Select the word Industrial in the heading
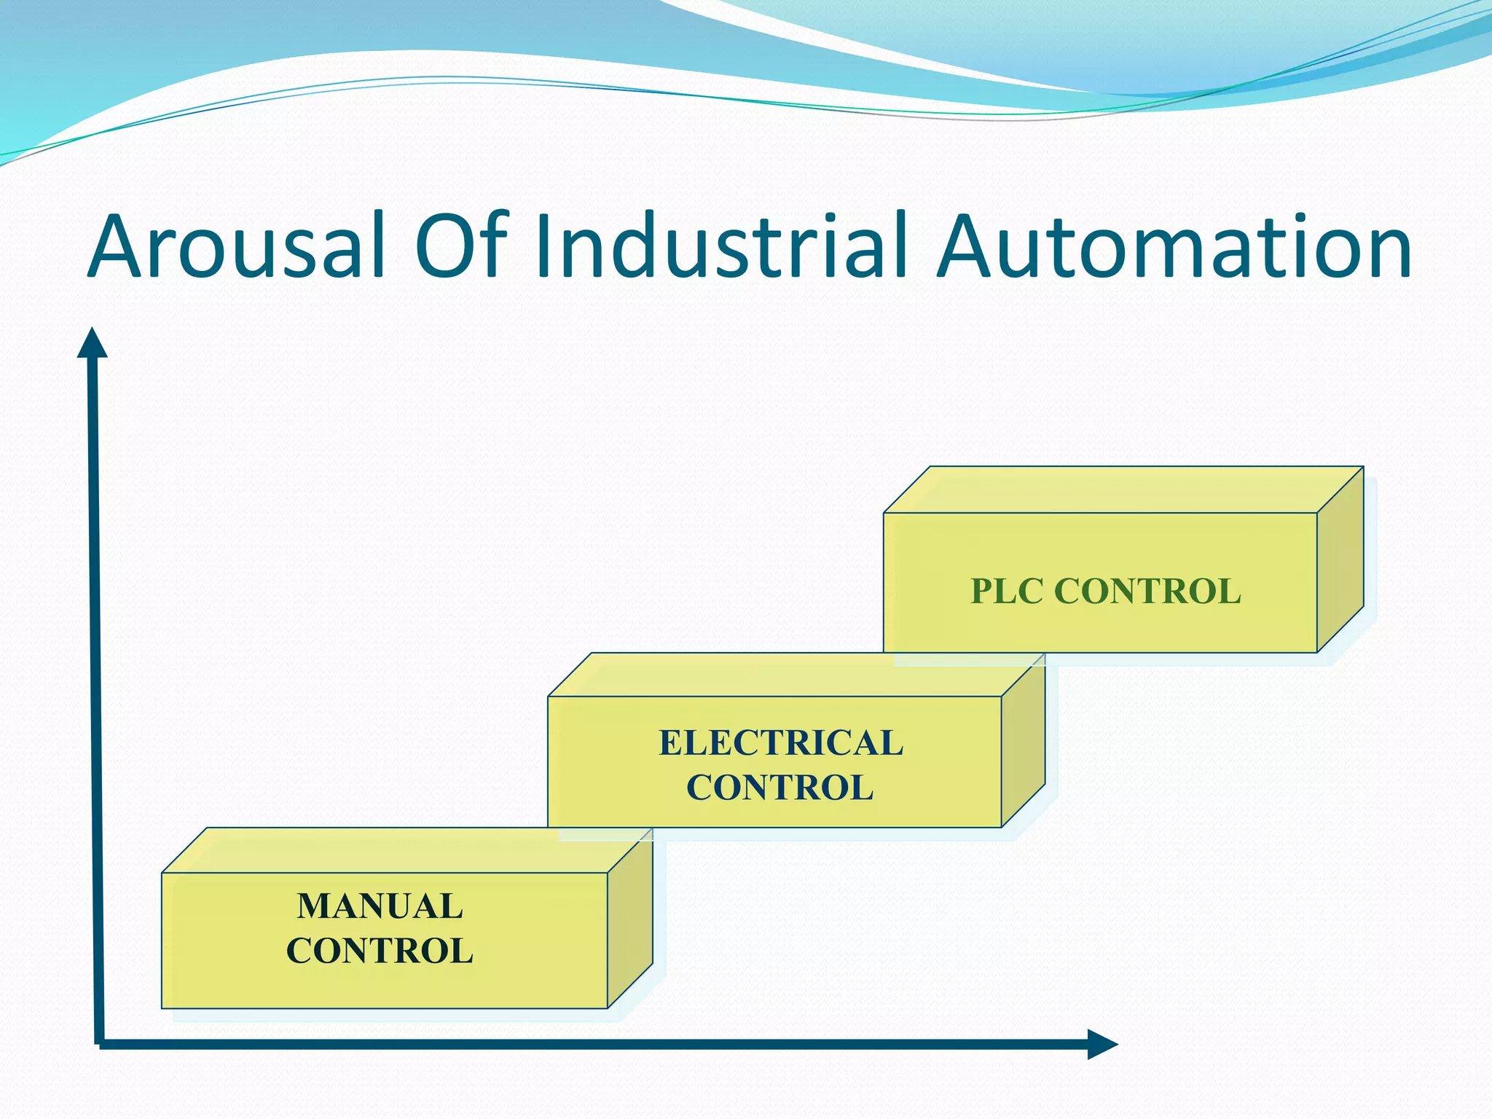click(x=721, y=246)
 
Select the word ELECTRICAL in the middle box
click(x=780, y=743)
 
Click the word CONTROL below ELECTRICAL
click(x=780, y=788)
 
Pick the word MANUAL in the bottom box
click(x=380, y=906)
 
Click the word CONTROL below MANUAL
click(x=380, y=951)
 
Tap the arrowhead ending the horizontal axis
click(x=1102, y=1044)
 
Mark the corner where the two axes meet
click(x=98, y=1043)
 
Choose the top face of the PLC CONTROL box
click(x=1122, y=490)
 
